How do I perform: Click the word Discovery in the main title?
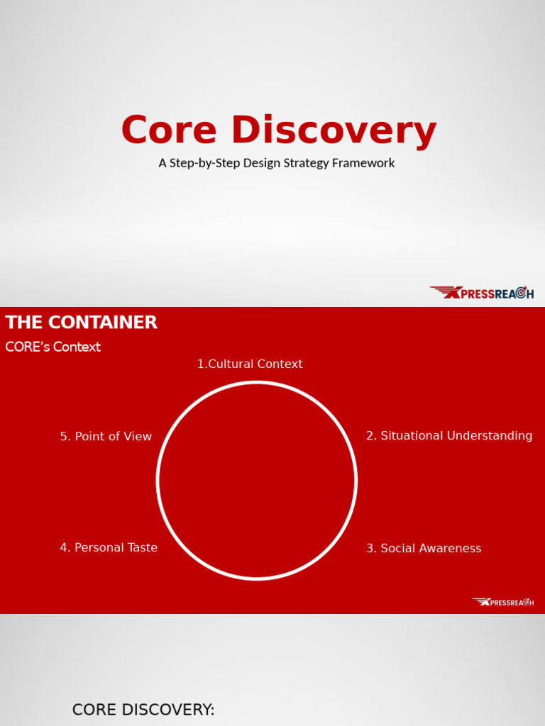coord(334,131)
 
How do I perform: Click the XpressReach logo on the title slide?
coord(482,293)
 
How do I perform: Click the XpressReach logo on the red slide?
coord(503,602)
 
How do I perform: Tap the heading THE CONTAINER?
coord(81,323)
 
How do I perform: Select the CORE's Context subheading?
coord(53,347)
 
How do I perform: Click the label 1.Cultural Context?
coord(250,364)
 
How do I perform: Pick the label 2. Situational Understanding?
coord(449,436)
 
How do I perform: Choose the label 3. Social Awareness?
coord(424,548)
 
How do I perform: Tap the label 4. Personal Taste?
coord(109,547)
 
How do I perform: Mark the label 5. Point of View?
coord(106,437)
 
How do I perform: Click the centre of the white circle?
coord(257,481)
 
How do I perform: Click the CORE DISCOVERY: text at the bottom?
coord(143,710)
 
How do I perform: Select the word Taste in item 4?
coord(142,547)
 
